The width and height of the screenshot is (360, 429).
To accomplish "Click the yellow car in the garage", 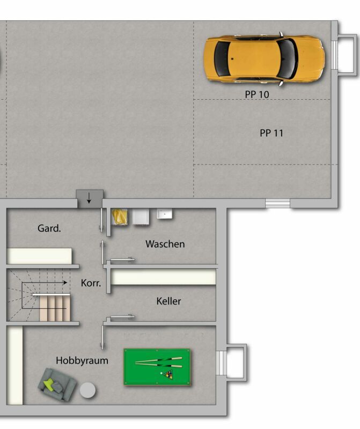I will (x=263, y=59).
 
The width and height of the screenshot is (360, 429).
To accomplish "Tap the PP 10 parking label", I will (x=257, y=94).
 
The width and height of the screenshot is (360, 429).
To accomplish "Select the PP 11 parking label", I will (x=271, y=133).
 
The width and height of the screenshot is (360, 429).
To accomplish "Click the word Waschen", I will (x=165, y=244).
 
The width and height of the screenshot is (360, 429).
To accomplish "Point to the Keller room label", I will (x=168, y=301).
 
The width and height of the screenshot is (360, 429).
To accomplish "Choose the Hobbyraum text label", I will (x=82, y=360).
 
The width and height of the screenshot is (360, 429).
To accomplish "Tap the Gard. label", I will (x=49, y=228).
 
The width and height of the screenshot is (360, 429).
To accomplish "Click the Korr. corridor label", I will (x=91, y=283).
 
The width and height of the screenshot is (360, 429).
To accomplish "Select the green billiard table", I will (x=157, y=367).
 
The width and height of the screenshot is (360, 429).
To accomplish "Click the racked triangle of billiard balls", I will (x=168, y=374).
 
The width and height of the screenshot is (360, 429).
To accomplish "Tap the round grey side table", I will (x=87, y=390).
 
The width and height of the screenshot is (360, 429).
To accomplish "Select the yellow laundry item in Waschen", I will (x=119, y=217).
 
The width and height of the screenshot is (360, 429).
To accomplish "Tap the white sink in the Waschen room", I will (x=164, y=213).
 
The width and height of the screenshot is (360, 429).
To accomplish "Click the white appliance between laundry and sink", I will (x=141, y=217).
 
